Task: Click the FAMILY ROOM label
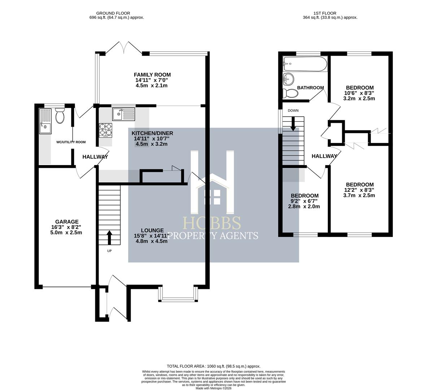pyautogui.click(x=153, y=75)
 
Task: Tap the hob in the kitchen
pyautogui.click(x=106, y=130)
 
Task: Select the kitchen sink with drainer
pyautogui.click(x=123, y=114)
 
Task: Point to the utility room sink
pyautogui.click(x=45, y=126)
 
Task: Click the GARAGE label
pyautogui.click(x=67, y=222)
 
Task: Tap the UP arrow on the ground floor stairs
pyautogui.click(x=109, y=238)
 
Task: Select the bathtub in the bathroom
pyautogui.click(x=305, y=64)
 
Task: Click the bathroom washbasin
pyautogui.click(x=288, y=78)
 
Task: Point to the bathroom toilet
pyautogui.click(x=291, y=94)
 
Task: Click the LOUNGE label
pyautogui.click(x=152, y=230)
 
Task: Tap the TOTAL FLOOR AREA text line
pyautogui.click(x=213, y=366)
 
